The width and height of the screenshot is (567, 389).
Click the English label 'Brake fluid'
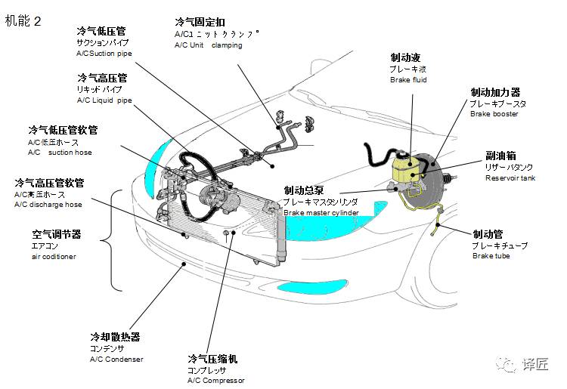point(409,79)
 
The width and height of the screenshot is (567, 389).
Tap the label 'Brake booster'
point(494,114)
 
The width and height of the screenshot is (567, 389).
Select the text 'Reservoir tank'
point(510,178)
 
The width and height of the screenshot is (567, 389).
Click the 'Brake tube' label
point(490,256)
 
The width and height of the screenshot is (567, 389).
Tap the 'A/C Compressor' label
point(215,380)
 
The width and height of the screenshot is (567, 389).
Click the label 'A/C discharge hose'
point(48,205)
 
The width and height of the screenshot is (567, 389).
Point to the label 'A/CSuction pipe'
point(104,54)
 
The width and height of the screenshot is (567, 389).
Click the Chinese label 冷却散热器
point(115,337)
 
